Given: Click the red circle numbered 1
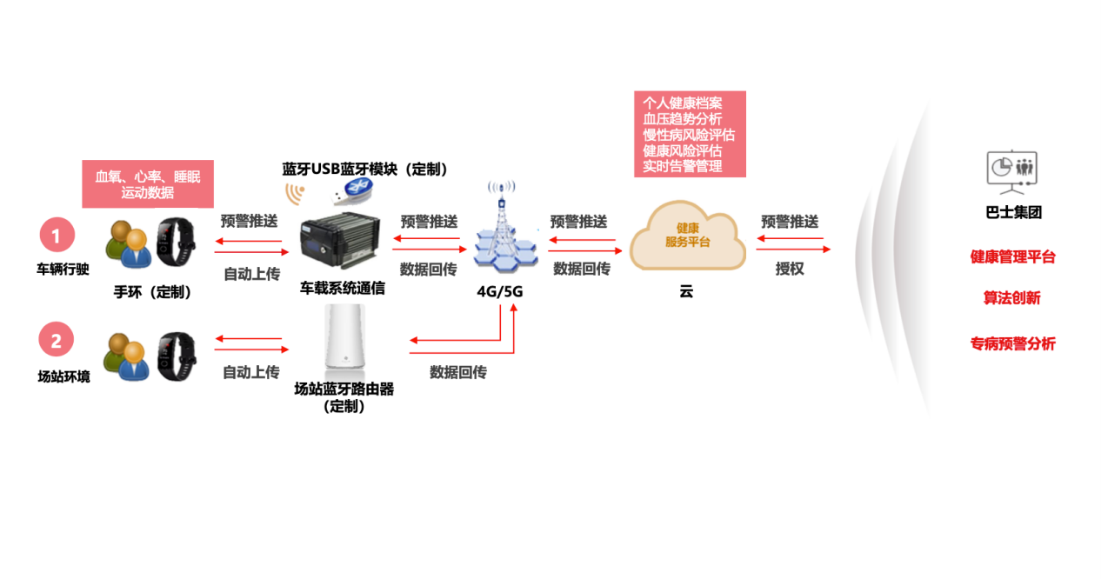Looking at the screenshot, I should point(57,236).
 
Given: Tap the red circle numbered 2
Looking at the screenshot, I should point(57,341).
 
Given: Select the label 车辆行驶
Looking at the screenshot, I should point(63,270).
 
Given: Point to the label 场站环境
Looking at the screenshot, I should point(63,377).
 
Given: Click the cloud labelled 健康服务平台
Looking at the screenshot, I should point(687,235).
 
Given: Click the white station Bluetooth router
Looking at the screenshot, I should point(344,339).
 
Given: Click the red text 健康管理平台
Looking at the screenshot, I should point(1012,257).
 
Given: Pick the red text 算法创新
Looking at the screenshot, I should point(1011,298).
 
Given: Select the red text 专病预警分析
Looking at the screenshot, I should point(1012,344).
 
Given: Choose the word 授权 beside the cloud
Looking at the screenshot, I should point(789,270).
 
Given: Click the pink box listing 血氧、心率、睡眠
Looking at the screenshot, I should point(148,184).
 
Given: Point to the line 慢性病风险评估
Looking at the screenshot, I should point(688,135).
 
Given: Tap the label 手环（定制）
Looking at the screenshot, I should point(153,293).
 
